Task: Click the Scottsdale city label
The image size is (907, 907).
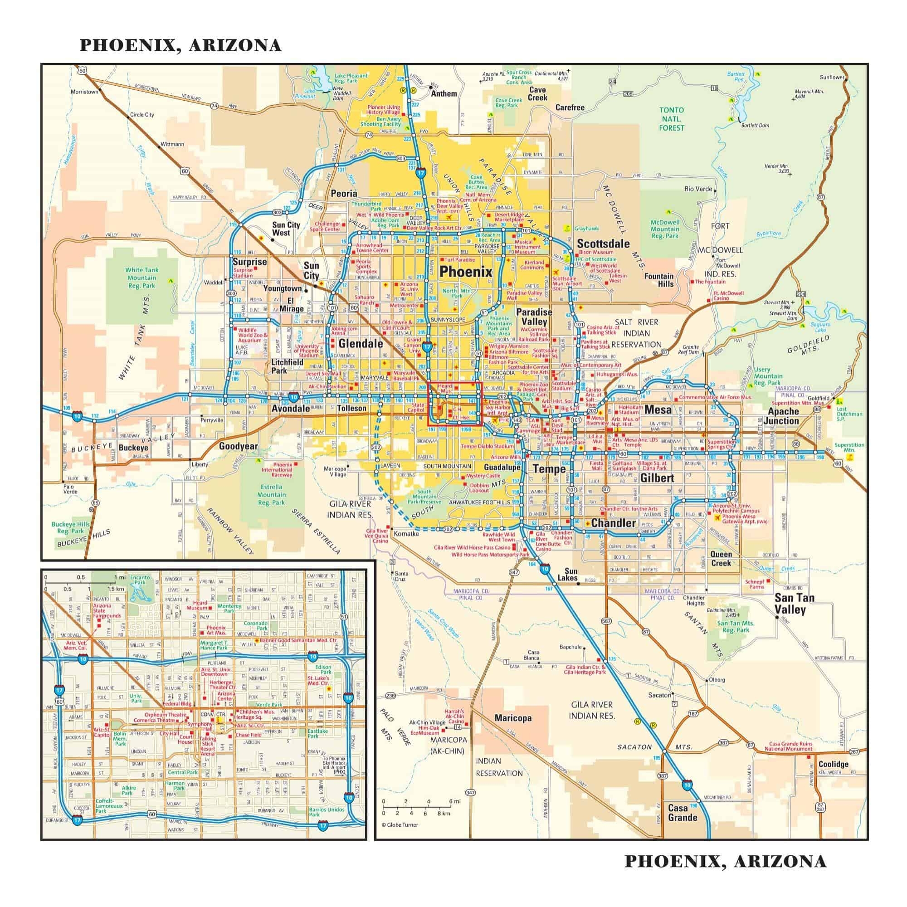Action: [603, 244]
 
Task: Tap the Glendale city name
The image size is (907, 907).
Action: [361, 343]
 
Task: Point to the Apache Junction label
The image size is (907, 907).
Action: [783, 416]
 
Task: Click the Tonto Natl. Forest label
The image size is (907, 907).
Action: [671, 119]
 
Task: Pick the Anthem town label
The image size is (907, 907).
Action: [444, 93]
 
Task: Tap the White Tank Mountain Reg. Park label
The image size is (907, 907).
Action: [142, 278]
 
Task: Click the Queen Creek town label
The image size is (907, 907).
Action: [721, 559]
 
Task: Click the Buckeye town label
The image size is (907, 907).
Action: [133, 448]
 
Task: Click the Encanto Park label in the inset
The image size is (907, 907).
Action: [140, 580]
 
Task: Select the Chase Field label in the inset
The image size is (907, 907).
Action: [249, 735]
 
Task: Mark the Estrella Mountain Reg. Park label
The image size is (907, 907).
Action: [271, 494]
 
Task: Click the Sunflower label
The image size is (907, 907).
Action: [832, 78]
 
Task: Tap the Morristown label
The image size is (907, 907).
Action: [84, 92]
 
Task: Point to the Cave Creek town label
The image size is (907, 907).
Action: [537, 93]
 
